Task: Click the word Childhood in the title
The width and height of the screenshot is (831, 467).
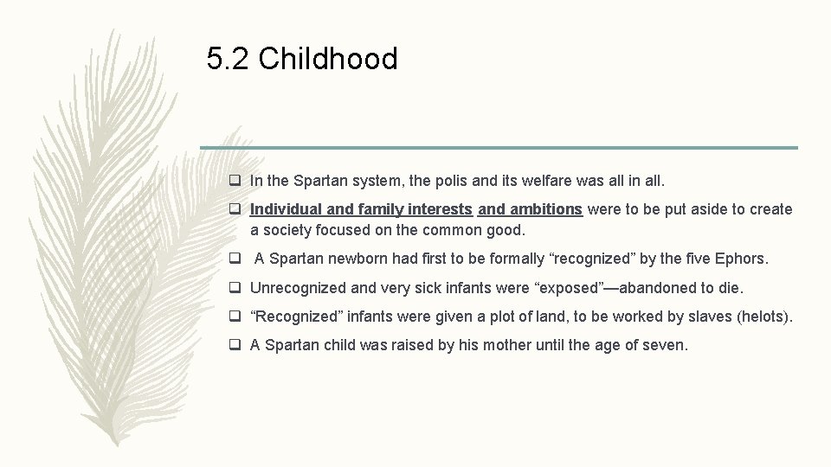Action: pyautogui.click(x=328, y=60)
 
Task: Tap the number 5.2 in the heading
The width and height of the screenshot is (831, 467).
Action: pyautogui.click(x=228, y=60)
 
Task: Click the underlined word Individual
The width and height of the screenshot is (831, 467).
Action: pyautogui.click(x=284, y=209)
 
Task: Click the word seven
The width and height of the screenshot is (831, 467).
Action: pyautogui.click(x=664, y=345)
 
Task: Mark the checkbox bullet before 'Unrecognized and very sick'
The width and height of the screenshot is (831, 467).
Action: pyautogui.click(x=235, y=288)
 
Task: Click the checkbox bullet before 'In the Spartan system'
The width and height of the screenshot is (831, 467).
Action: pyautogui.click(x=235, y=182)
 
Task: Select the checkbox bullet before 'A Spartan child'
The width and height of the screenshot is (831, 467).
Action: pyautogui.click(x=235, y=345)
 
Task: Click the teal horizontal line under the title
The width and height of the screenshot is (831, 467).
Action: pyautogui.click(x=499, y=148)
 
